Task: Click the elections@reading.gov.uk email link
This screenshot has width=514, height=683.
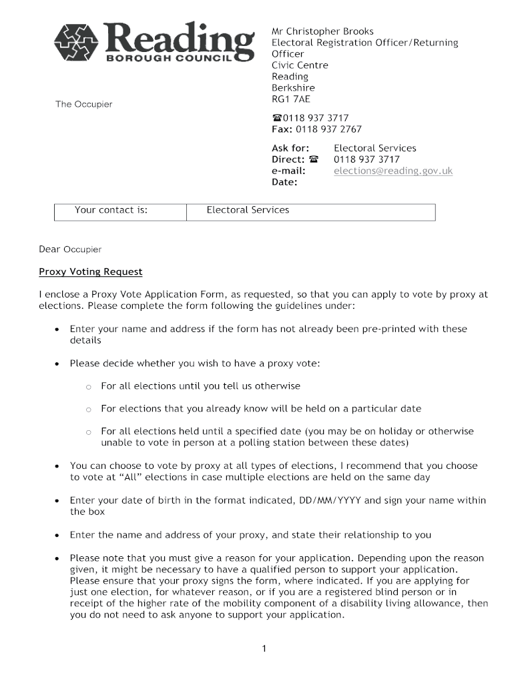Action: tap(393, 171)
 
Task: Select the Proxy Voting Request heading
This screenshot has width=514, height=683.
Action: tap(90, 272)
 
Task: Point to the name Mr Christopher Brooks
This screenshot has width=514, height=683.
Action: tap(322, 31)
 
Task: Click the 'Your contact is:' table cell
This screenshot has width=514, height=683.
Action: tap(111, 210)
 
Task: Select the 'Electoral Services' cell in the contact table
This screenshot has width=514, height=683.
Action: tap(248, 210)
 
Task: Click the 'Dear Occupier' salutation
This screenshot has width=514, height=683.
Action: tap(70, 249)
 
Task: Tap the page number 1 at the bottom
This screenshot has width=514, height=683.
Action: tap(264, 648)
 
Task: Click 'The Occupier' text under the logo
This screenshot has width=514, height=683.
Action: tap(83, 105)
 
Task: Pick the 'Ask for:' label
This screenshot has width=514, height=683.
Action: tap(290, 148)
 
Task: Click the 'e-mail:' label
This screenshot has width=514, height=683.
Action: tap(288, 171)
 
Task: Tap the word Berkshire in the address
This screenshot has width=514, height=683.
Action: tap(293, 88)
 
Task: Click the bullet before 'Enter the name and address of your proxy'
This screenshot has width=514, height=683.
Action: tap(57, 536)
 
